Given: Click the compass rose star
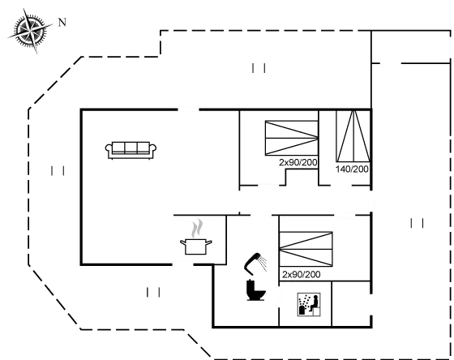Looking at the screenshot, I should click(x=28, y=30).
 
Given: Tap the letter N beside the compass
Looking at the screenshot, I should click(x=61, y=21).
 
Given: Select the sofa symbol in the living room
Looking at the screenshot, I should click(x=130, y=149).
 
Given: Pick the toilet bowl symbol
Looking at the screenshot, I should click(x=254, y=290).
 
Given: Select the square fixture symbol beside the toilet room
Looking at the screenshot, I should click(x=309, y=305).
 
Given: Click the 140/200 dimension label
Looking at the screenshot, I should click(x=352, y=169).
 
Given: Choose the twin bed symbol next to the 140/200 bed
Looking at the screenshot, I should click(x=291, y=139).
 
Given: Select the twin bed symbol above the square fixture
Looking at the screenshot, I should click(x=306, y=248).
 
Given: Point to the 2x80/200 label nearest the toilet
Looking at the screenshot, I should click(x=301, y=275).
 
